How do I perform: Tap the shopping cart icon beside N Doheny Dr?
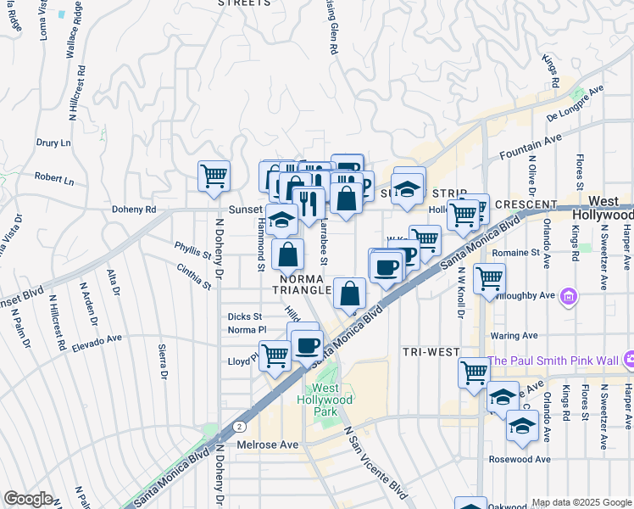click(x=214, y=176)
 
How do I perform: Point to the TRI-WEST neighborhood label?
click(x=431, y=352)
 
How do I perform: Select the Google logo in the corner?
click(x=29, y=499)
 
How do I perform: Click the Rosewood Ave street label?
click(x=520, y=459)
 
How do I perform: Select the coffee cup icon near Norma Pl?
click(x=307, y=345)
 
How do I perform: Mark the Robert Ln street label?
click(x=54, y=181)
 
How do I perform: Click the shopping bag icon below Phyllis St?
click(x=288, y=254)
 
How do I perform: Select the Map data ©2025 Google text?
click(x=581, y=502)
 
